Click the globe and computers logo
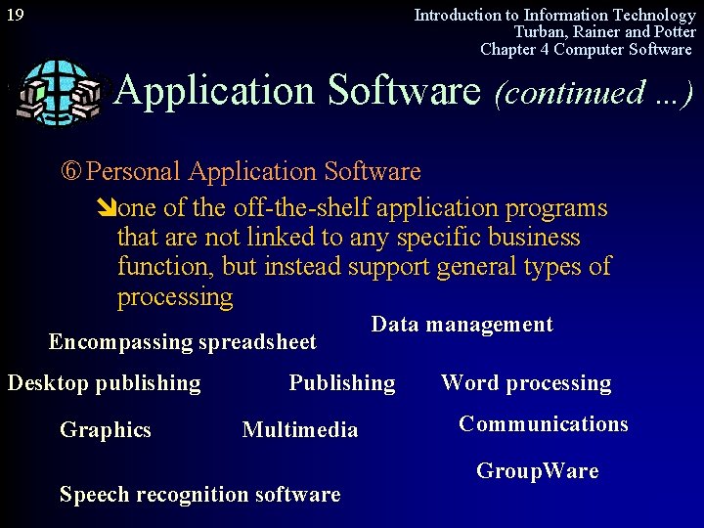60,94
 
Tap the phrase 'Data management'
462,325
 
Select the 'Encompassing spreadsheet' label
182,342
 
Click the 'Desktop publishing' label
104,383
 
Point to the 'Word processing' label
526,383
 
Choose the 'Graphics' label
106,429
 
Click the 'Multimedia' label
300,430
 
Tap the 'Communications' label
544,424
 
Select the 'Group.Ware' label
537,471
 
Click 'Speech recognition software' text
199,495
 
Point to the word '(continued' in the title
554,93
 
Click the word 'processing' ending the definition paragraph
175,296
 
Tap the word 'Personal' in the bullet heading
134,172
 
